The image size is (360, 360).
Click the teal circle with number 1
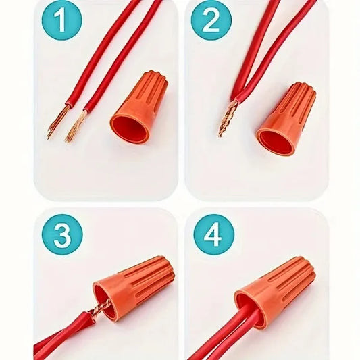[61, 22]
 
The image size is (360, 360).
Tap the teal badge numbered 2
[211, 22]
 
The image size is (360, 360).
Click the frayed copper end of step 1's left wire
[56, 122]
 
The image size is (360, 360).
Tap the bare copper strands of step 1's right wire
[76, 126]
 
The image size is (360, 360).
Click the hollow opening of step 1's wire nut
[128, 128]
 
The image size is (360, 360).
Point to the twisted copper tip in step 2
[228, 118]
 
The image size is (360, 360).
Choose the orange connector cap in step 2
[286, 118]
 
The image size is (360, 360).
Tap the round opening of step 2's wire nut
[274, 140]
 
